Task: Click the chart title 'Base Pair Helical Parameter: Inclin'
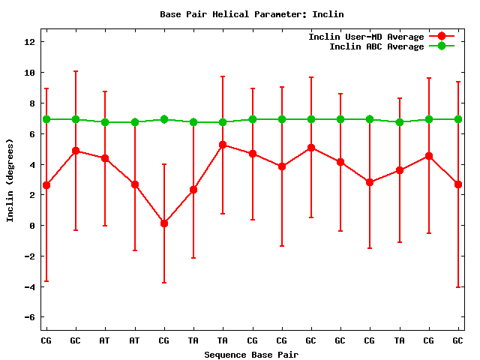[241, 14]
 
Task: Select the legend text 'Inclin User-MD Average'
[366, 37]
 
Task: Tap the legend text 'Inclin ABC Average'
[376, 46]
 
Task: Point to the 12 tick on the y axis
[31, 42]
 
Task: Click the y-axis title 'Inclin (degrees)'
[10, 179]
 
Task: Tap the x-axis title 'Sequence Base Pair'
[251, 354]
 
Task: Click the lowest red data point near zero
[164, 223]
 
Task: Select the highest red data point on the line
[223, 145]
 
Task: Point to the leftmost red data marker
[46, 185]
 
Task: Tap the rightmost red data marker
[457, 184]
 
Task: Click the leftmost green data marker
[46, 119]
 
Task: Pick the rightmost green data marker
[457, 119]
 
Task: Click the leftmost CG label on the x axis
[46, 340]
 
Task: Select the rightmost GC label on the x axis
[457, 340]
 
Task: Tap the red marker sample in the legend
[442, 37]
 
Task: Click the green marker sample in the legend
[442, 46]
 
